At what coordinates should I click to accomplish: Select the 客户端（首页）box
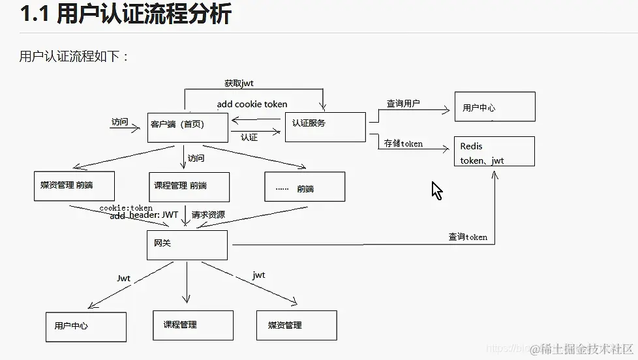188,127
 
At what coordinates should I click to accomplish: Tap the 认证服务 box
325,127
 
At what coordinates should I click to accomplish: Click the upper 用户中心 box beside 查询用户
494,107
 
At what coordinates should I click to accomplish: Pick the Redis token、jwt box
494,151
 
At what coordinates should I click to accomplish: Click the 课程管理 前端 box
189,187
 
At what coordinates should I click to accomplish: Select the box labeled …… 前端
305,187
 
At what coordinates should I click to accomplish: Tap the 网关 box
187,245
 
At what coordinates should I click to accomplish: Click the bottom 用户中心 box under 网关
86,327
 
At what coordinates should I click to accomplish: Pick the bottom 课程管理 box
193,325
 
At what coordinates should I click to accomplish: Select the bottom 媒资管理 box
296,325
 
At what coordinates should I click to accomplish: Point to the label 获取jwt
239,83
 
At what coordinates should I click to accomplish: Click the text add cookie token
252,104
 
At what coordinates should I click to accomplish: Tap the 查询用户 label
403,103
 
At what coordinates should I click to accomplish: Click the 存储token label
403,143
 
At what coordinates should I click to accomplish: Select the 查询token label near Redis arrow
468,237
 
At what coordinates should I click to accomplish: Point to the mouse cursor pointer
436,190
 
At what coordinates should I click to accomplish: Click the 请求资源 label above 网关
208,214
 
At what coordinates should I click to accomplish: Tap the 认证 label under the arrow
249,138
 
